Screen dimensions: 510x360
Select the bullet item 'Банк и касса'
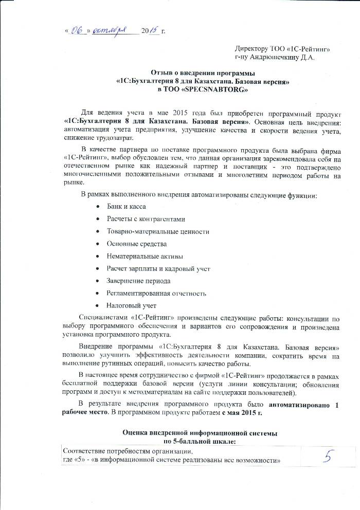pos(126,206)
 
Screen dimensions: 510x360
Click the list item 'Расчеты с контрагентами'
pos(146,219)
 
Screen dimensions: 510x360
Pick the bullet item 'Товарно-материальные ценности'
pos(158,231)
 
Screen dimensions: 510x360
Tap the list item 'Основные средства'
pos(137,244)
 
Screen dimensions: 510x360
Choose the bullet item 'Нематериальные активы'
pos(145,256)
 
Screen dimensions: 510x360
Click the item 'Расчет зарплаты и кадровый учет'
pos(158,268)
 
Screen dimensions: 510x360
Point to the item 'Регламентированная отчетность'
pos(156,294)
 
